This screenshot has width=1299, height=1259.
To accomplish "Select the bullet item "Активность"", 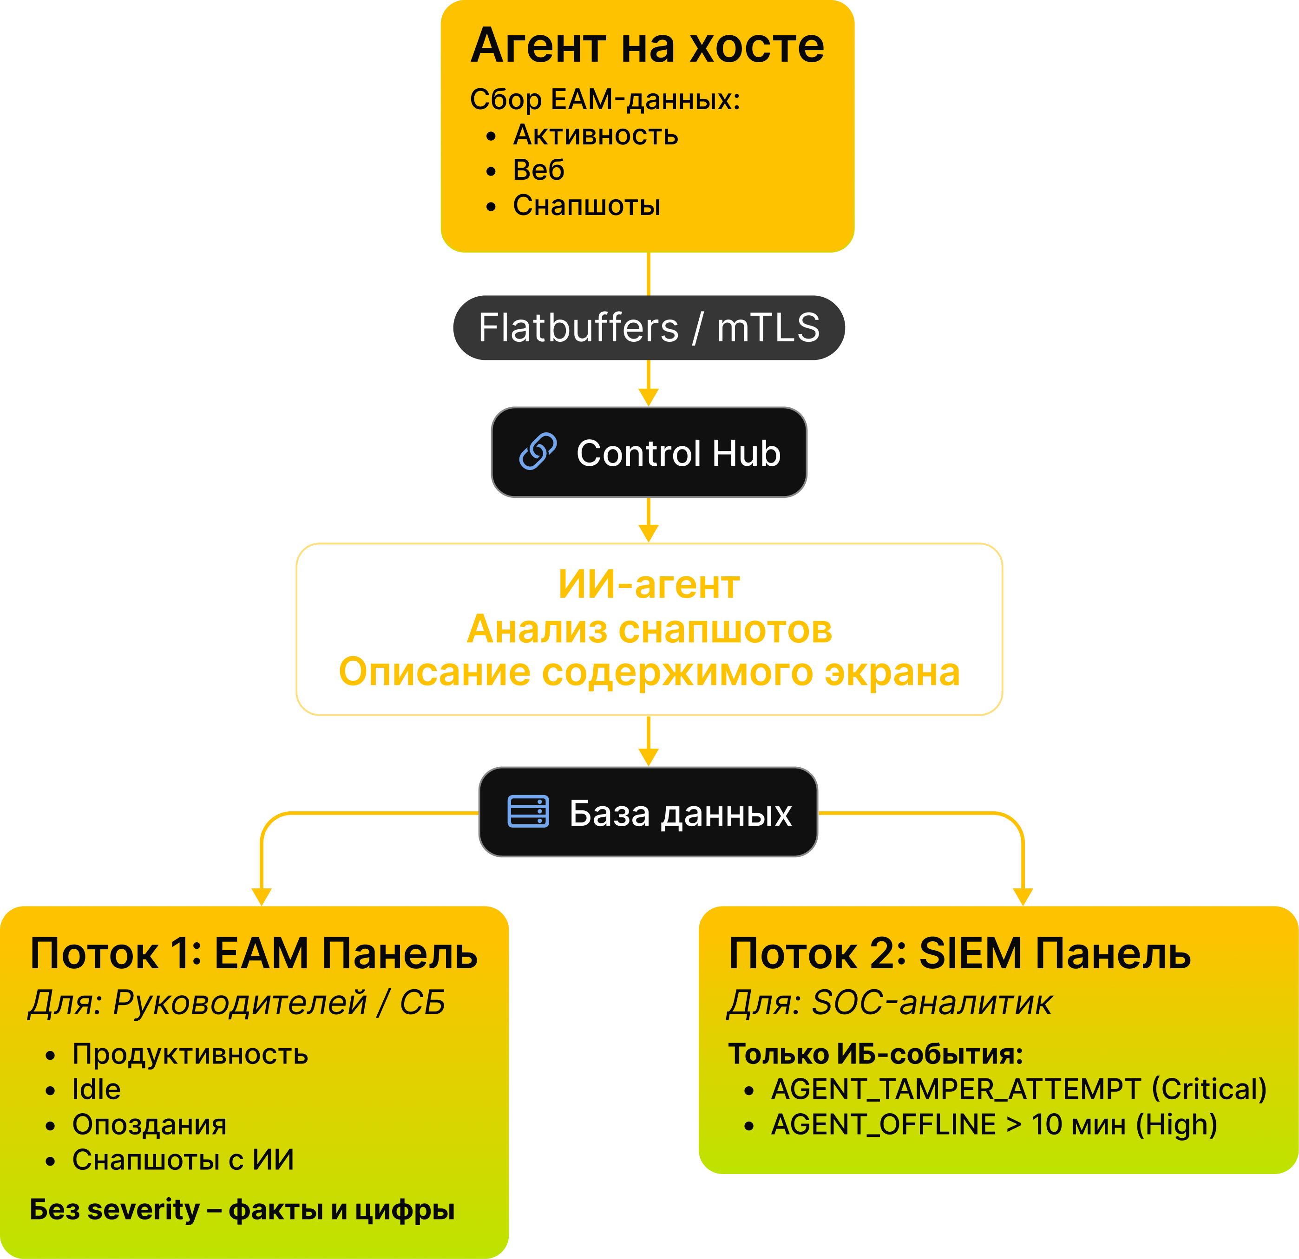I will [x=595, y=135].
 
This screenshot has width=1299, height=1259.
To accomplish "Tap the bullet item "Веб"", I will [x=538, y=170].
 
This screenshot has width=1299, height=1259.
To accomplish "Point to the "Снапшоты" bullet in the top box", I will [x=586, y=205].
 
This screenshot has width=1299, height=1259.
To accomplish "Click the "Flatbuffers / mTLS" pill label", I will [x=648, y=328].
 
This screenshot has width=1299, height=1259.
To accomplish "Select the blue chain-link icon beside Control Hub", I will [x=538, y=452].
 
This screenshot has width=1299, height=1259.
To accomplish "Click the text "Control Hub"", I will [x=678, y=453].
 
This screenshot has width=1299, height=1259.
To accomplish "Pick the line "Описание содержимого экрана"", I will [x=648, y=672].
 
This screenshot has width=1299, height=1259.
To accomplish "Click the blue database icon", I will [x=528, y=812].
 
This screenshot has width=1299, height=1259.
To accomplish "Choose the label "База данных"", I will [x=680, y=813].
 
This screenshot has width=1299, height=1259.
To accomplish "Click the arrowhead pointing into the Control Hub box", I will [x=648, y=398].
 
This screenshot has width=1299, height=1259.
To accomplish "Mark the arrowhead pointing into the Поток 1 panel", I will [x=262, y=897].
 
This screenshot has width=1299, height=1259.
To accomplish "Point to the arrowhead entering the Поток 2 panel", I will [x=1023, y=897].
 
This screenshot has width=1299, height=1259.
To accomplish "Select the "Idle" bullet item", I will [x=96, y=1089].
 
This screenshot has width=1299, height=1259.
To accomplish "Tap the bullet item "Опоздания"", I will [x=149, y=1124].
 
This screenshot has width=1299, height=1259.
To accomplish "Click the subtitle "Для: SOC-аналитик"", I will [x=889, y=1003].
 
